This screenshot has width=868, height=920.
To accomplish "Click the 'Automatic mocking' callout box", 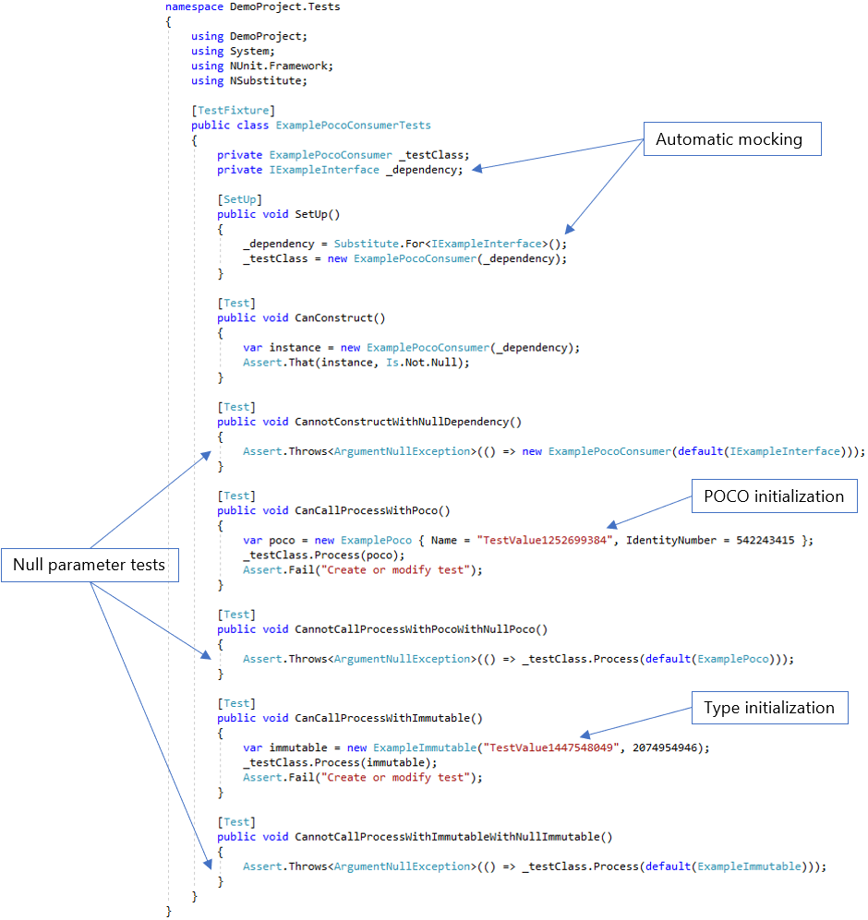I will [x=729, y=140].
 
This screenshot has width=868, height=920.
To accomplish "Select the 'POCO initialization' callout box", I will [x=774, y=496].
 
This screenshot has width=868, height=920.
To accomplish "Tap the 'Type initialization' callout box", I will [x=768, y=708].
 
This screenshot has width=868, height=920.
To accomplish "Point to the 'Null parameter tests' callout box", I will [x=89, y=565].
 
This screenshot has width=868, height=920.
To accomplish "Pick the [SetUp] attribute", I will [x=240, y=199].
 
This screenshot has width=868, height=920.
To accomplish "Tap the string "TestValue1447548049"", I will [x=551, y=747].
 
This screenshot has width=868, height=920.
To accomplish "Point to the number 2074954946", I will [x=670, y=747].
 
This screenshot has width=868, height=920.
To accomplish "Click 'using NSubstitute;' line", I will [x=248, y=81].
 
